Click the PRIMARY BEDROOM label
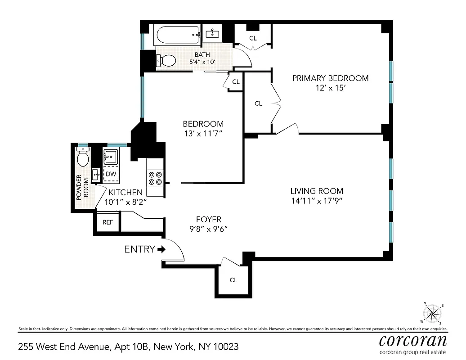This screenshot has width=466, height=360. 330,78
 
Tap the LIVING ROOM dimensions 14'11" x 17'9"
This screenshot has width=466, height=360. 317,201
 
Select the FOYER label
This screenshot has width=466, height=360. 208,219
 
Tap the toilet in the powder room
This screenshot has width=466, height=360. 83,157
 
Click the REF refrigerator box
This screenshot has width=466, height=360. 108,222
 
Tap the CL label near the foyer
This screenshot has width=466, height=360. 233,280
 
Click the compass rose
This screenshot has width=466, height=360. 433,313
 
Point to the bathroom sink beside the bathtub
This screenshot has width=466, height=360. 212,33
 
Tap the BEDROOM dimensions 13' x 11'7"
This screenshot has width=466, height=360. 203,134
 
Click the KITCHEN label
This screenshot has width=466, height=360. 125,192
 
